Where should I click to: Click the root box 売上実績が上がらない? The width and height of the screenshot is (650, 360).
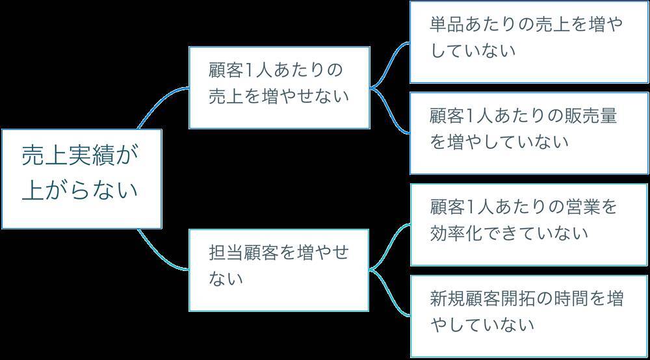pos(81,178)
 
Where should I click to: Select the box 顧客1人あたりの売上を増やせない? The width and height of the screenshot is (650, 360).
pos(279,87)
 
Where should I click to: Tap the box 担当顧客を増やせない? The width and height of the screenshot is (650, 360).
pos(279,270)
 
